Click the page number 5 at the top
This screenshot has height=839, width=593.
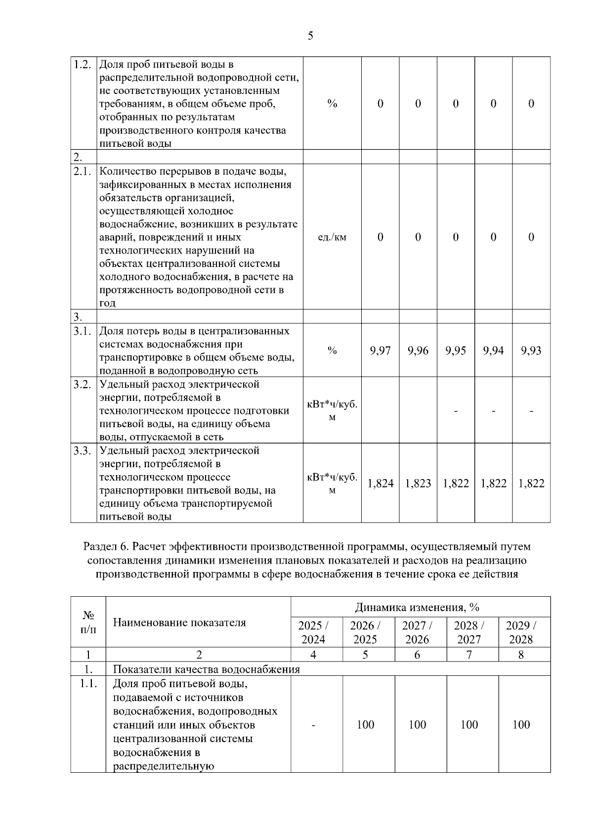pos(310,36)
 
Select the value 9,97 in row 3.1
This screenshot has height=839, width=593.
pos(380,351)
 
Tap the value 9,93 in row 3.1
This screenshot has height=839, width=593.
pos(531,351)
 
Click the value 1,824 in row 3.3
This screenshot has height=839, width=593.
pos(380,483)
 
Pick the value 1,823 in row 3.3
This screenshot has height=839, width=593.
pos(418,483)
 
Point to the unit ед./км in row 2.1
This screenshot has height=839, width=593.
pos(332,237)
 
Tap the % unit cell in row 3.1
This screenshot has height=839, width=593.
pos(332,351)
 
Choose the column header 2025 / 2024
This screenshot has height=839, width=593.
pos(313,632)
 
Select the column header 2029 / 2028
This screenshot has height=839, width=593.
pos(521,632)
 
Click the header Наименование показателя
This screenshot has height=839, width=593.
pos(179,622)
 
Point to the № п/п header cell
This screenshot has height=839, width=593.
pos(88,622)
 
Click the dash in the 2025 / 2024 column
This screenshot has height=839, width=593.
pos(313,725)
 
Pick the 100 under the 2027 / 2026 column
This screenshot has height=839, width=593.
pos(417,725)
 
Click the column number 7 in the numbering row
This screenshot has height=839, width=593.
pos(469,655)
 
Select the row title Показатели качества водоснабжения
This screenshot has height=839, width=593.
pos(207,669)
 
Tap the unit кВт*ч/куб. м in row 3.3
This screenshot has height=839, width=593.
pos(332,483)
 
